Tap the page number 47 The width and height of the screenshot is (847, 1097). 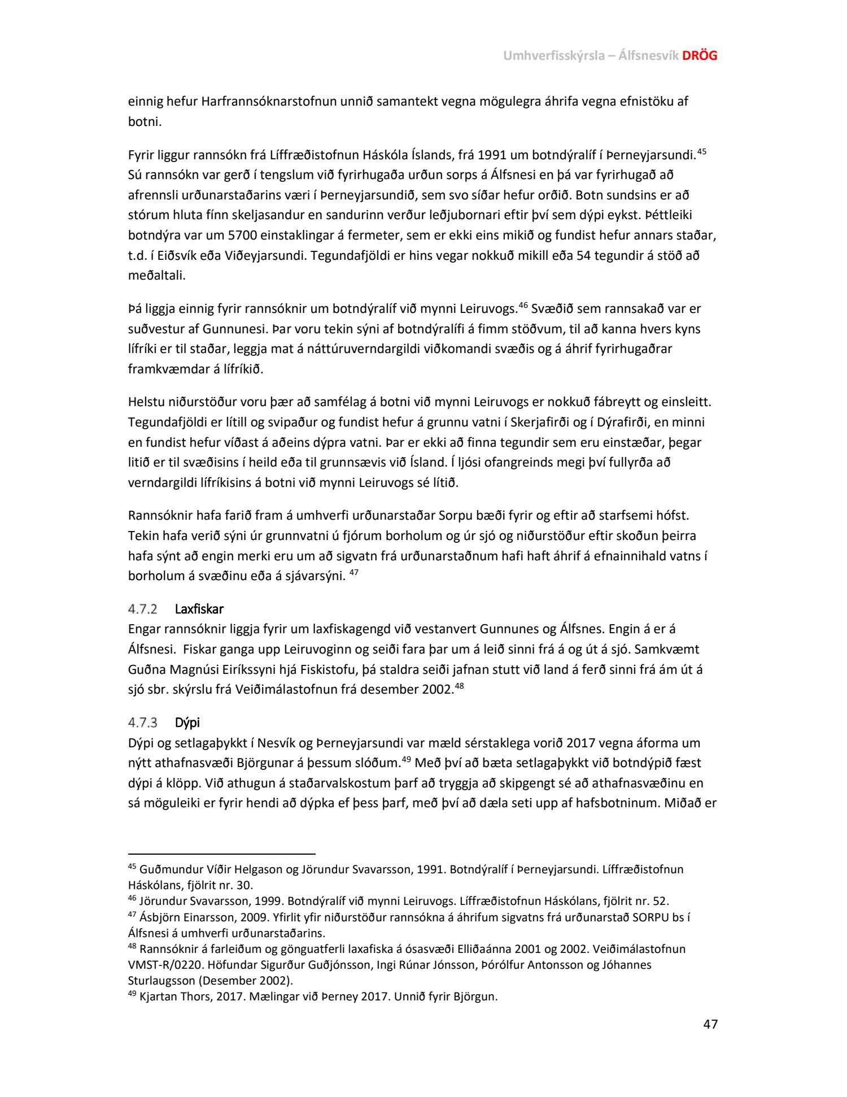710,1024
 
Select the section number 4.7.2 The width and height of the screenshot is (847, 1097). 142,609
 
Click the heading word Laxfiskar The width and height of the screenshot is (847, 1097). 199,609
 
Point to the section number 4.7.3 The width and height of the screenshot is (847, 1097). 142,722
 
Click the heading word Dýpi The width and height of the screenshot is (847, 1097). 187,722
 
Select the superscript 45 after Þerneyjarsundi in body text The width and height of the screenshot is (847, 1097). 702,151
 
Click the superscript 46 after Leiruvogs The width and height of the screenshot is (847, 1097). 523,306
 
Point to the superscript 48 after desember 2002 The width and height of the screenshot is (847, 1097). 459,686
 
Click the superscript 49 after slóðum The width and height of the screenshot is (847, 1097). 405,760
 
